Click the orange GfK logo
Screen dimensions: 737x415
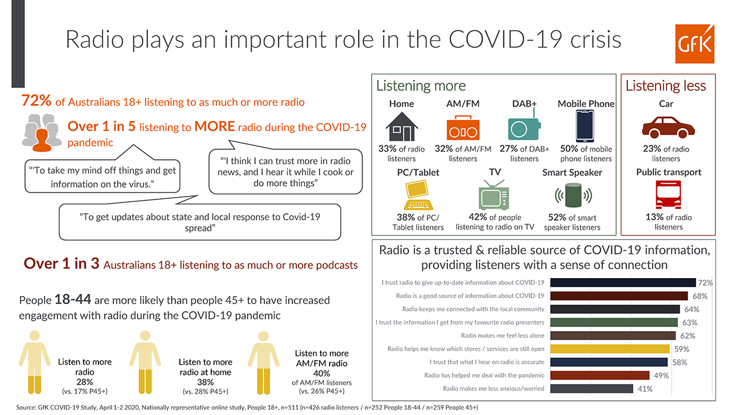point(695,44)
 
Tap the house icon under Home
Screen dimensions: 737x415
point(402,127)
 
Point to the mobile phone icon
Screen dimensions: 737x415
point(585,126)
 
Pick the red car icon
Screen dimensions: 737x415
point(668,127)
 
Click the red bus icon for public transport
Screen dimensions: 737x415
point(668,195)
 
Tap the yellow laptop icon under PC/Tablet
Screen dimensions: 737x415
point(418,195)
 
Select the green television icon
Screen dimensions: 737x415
point(494,195)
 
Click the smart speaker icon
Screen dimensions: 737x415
point(573,195)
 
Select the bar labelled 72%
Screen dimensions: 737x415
point(623,283)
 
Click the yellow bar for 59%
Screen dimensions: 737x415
point(610,349)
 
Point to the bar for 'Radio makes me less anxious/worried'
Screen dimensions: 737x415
point(591,388)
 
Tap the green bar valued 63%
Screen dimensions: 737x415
point(614,322)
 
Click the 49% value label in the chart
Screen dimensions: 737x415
point(662,375)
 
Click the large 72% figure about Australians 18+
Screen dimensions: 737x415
point(36,100)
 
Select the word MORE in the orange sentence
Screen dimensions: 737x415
point(215,126)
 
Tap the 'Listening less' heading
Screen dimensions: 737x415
point(666,86)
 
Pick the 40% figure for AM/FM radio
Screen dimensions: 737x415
point(321,374)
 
